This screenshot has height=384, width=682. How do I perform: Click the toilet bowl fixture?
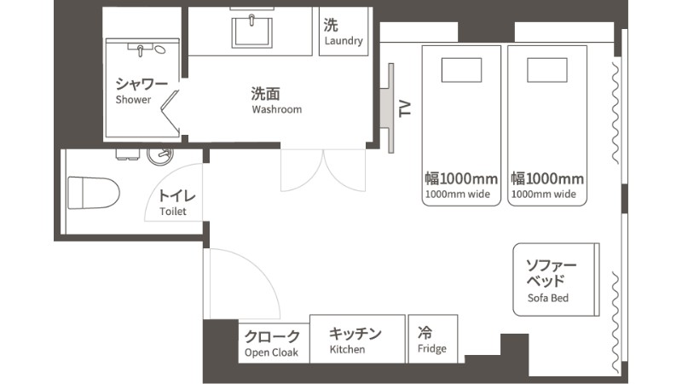94,193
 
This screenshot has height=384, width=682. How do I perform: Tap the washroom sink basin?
251,32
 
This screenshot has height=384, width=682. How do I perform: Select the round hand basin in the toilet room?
160,154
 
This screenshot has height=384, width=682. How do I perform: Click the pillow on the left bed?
461,70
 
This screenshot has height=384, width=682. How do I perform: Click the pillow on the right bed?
547,70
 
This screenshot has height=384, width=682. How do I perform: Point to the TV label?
405,108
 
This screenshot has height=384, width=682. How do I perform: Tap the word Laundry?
344,41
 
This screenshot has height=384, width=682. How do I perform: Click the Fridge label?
432,349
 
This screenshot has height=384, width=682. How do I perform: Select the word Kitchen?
347,349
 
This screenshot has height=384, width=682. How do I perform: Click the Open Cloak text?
271,352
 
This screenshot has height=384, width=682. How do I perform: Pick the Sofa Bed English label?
548,298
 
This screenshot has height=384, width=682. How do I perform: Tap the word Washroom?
276,109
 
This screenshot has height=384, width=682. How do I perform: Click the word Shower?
133,100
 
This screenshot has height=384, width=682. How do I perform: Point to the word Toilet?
173,212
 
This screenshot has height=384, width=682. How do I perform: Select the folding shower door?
170,112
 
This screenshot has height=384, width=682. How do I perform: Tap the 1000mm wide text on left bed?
458,195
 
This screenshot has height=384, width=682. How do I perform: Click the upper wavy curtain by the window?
616,113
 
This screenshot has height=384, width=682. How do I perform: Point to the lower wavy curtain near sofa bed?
616,323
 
